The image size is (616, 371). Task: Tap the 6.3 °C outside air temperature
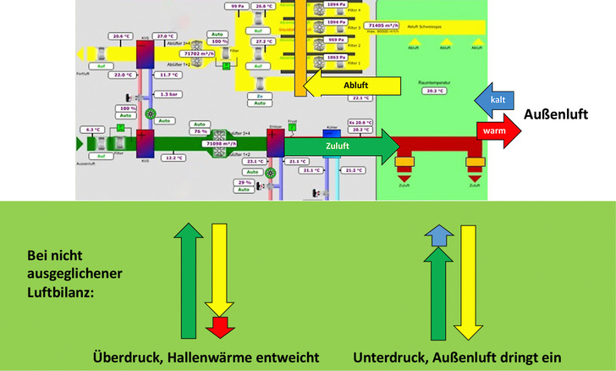click(x=92, y=130)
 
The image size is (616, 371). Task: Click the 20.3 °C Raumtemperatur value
click(x=432, y=91)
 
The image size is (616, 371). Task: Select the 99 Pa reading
click(x=237, y=6)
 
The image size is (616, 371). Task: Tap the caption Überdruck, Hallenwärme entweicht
click(x=207, y=357)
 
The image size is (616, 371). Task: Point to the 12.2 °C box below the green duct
click(x=173, y=158)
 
